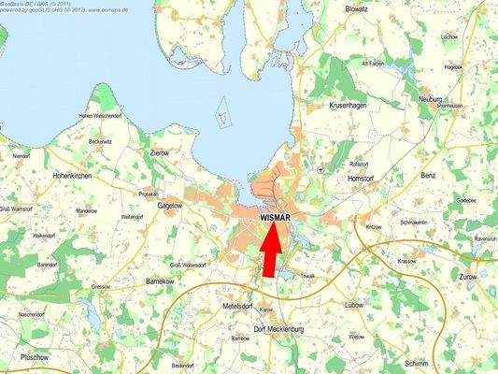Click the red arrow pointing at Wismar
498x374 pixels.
click(269, 251)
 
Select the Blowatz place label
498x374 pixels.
click(356, 8)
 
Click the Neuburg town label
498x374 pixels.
click(430, 98)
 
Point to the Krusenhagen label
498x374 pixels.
click(349, 106)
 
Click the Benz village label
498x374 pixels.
click(429, 175)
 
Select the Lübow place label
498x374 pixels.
click(354, 305)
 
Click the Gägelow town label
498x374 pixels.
click(170, 204)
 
